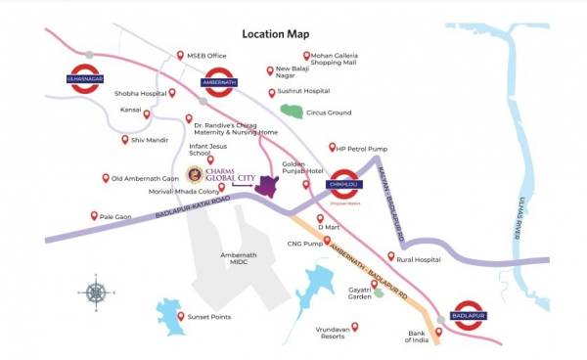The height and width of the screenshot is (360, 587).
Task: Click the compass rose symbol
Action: (x=96, y=291)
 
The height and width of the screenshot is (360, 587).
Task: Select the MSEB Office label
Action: (x=208, y=56)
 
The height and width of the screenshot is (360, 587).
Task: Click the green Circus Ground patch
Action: (x=291, y=110)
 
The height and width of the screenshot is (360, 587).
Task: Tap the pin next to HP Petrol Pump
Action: (x=331, y=148)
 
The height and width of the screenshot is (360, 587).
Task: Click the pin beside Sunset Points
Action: (x=180, y=316)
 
